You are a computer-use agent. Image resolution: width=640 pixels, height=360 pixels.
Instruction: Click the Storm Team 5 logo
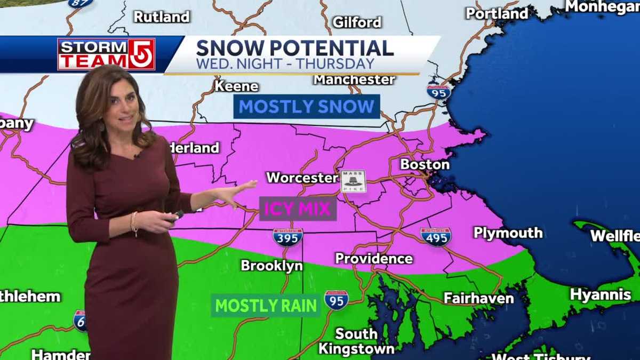click(106, 54)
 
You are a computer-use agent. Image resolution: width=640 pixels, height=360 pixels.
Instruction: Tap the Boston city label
click(425, 164)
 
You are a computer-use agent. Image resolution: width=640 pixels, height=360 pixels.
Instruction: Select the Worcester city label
click(302, 178)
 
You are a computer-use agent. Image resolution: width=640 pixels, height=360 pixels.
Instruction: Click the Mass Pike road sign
click(354, 181)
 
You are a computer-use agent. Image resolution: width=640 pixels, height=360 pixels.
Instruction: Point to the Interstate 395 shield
click(288, 237)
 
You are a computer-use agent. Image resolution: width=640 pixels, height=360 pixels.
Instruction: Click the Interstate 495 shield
click(435, 237)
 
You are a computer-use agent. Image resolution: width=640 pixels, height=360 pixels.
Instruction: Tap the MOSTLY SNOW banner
click(307, 107)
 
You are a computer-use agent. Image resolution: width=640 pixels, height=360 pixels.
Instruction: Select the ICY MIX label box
click(298, 209)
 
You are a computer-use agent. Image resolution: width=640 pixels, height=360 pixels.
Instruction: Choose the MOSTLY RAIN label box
click(266, 306)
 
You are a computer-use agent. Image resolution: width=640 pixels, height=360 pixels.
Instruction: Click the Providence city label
click(374, 259)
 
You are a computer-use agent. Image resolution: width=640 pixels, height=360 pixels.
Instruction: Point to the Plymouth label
click(508, 233)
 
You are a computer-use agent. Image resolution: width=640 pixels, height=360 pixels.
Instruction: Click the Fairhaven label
click(478, 298)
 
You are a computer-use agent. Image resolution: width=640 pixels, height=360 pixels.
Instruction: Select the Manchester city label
click(354, 80)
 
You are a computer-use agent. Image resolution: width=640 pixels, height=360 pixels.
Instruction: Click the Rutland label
click(161, 17)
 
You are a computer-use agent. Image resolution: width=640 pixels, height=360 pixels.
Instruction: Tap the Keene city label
click(236, 86)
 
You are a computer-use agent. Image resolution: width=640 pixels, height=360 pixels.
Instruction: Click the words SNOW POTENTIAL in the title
click(295, 48)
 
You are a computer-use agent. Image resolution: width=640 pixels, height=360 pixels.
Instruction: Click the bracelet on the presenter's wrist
click(134, 223)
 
